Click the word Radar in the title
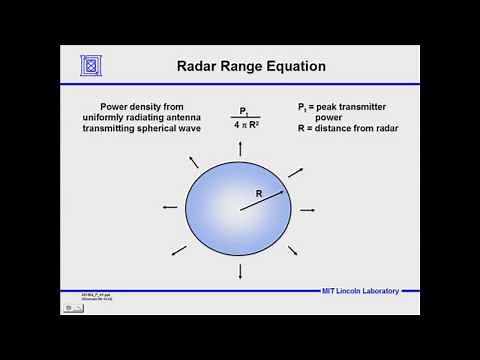tap(201, 68)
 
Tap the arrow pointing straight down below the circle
tap(240, 273)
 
